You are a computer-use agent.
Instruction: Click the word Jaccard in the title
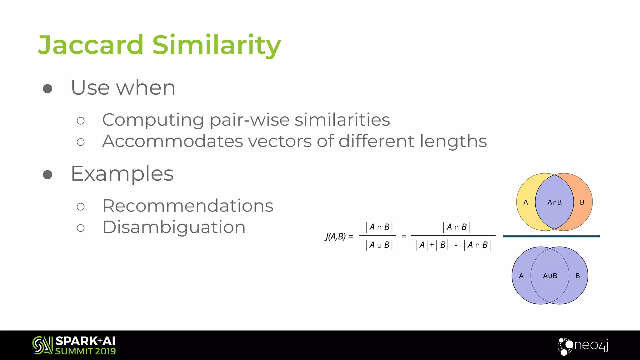point(91,45)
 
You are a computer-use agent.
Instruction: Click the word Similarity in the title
point(217,45)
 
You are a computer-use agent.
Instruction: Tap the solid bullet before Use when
point(47,89)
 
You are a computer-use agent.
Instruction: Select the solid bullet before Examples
point(47,175)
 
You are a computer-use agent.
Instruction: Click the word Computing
point(153,120)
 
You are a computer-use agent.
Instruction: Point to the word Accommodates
point(172,141)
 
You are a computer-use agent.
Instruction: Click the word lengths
point(453,141)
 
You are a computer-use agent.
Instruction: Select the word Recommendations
point(188,206)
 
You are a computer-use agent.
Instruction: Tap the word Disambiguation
point(174,227)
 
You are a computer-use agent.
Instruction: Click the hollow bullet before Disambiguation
point(81,228)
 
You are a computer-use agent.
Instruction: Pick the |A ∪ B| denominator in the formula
point(379,245)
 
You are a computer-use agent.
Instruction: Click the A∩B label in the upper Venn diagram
point(554,202)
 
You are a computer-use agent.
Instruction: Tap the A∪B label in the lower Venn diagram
point(550,276)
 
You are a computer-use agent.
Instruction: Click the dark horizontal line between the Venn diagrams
point(551,236)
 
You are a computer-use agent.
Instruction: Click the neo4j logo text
point(591,345)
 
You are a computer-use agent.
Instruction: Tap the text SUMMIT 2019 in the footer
point(85,351)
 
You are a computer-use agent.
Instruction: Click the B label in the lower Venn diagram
point(577,276)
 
